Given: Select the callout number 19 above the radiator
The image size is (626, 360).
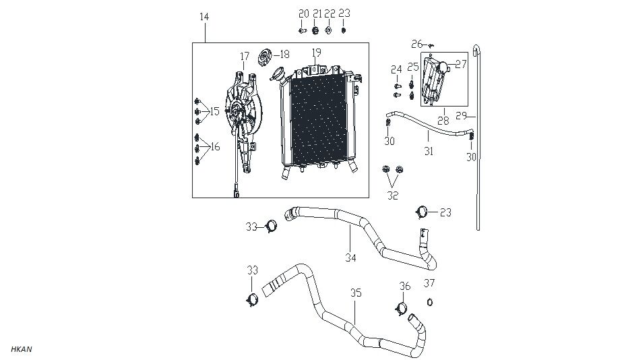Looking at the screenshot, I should point(316,53).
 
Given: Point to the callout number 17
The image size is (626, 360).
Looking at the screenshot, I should point(244,57).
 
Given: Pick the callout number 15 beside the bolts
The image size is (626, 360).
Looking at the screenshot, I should point(214,111).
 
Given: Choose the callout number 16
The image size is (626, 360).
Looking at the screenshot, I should point(215,147).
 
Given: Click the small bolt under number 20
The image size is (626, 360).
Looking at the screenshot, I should point(303,30).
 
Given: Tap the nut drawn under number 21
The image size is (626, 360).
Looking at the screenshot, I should point(315,30).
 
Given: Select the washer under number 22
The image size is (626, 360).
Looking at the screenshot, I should point(328,30).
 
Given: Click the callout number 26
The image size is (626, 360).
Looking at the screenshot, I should point(416,44).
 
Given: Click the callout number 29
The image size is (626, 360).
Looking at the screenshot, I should point(462,116).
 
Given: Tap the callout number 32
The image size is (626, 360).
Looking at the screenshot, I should point(392,196).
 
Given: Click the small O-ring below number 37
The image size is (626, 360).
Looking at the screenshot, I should point(429,301).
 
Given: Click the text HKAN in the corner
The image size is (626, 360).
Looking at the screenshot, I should point(22,349).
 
